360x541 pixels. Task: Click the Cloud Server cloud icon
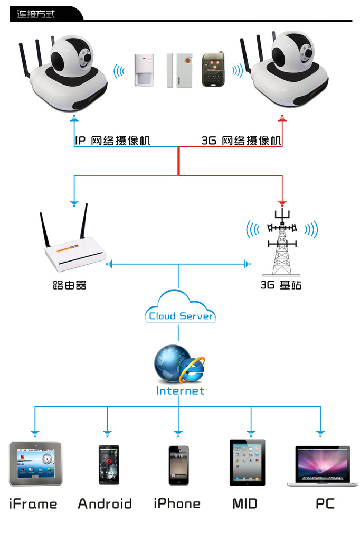(x=181, y=307)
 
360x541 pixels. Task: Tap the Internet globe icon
(x=179, y=363)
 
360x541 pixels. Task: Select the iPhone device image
(x=178, y=465)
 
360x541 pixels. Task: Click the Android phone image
(x=109, y=465)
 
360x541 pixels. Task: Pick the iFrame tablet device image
(x=35, y=463)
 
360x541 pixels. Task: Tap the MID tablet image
(x=247, y=462)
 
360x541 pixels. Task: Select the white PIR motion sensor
(x=144, y=70)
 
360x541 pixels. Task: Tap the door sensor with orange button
(x=179, y=70)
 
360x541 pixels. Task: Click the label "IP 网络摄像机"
(x=112, y=141)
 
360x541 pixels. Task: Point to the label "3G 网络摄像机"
(x=241, y=141)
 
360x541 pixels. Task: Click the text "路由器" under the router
(x=69, y=285)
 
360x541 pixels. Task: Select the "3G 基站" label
(x=281, y=285)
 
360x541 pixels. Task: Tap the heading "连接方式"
(x=35, y=14)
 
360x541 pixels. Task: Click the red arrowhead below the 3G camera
(x=282, y=118)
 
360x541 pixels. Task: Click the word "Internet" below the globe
(x=180, y=390)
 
